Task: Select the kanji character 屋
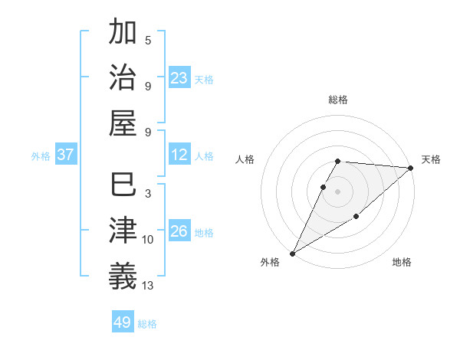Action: click(123, 123)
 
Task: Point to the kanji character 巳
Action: click(123, 185)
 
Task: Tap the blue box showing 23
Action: click(179, 77)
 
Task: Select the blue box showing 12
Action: click(179, 155)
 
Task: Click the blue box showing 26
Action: click(179, 231)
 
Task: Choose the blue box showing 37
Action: click(66, 155)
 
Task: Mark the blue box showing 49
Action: click(123, 322)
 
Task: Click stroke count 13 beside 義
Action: click(148, 286)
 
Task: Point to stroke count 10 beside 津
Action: click(148, 240)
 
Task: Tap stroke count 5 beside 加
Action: click(148, 41)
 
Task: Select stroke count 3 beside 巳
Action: click(148, 194)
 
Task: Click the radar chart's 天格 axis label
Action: click(431, 159)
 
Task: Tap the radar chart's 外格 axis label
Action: click(270, 262)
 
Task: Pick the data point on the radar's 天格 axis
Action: click(411, 168)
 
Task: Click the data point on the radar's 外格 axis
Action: click(292, 254)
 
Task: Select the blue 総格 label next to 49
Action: click(148, 324)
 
